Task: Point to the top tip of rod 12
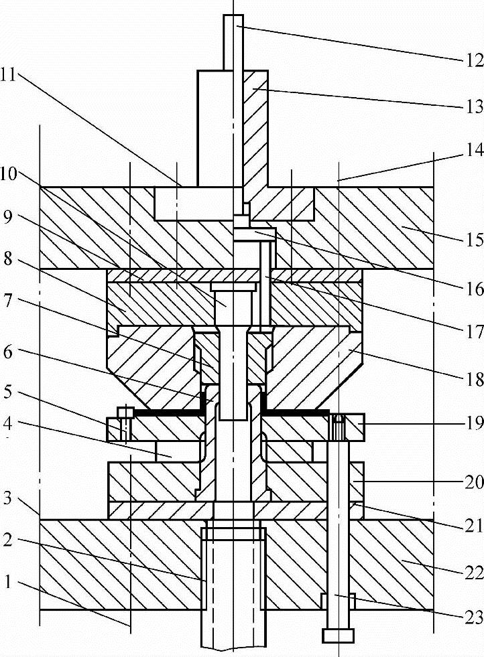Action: click(x=233, y=17)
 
